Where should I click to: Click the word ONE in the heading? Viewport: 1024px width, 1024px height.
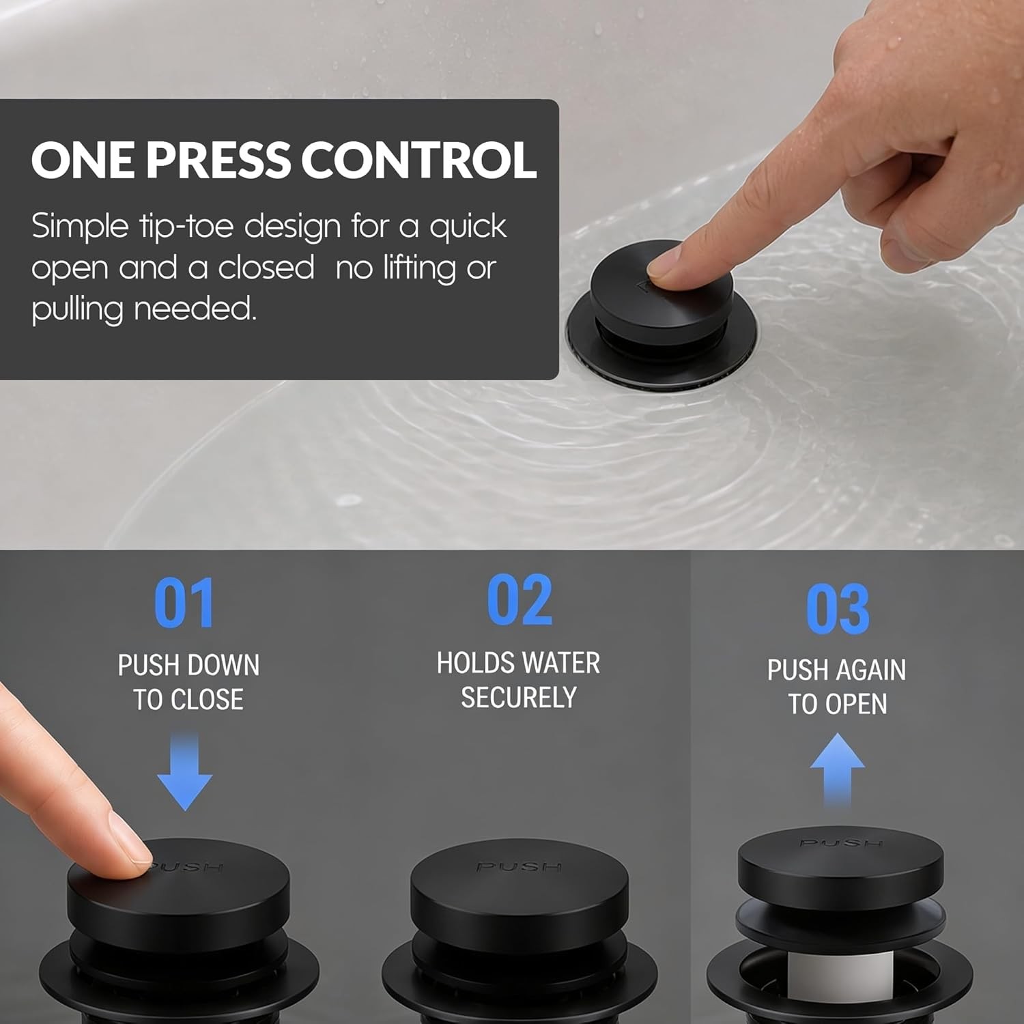point(83,160)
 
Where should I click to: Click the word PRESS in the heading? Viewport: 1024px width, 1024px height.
point(218,160)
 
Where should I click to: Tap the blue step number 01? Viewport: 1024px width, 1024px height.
point(184,603)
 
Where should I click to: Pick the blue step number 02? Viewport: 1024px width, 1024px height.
point(520,600)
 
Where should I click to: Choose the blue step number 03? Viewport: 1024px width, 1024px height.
point(838,609)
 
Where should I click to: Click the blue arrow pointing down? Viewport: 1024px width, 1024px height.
point(185,771)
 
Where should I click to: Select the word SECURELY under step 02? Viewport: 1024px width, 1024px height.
point(519,698)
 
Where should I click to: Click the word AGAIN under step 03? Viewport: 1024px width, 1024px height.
point(870,670)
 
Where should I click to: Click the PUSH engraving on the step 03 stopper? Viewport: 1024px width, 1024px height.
point(841,843)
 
